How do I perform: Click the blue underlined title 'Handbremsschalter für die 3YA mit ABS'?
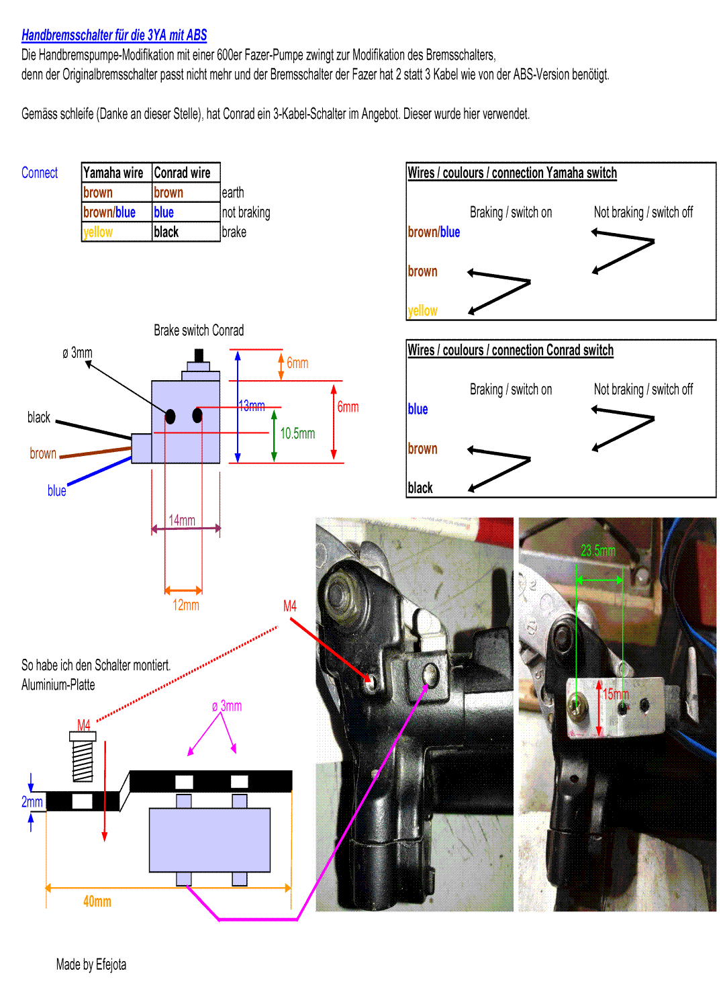click(x=114, y=36)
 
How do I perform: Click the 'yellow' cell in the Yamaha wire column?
click(x=98, y=232)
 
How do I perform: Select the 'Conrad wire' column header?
click(x=182, y=173)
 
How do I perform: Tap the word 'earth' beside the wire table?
click(x=232, y=193)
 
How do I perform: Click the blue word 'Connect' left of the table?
click(x=40, y=173)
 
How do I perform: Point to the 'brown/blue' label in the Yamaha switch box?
click(x=434, y=232)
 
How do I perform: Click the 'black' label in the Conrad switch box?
click(x=420, y=488)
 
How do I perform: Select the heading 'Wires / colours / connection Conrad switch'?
click(x=510, y=351)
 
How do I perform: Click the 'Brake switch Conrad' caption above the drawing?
click(x=199, y=330)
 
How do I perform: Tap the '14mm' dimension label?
click(x=182, y=520)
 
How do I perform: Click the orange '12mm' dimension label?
click(x=186, y=605)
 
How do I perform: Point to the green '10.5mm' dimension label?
click(x=297, y=434)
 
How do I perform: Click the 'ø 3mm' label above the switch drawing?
click(x=78, y=353)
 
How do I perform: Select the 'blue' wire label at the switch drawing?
click(x=57, y=491)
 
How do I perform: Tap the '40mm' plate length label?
click(x=97, y=901)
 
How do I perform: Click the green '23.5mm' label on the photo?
click(x=597, y=551)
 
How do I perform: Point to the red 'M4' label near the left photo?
click(x=290, y=606)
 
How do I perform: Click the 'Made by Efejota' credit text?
click(x=91, y=965)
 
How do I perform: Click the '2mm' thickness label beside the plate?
click(x=32, y=802)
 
